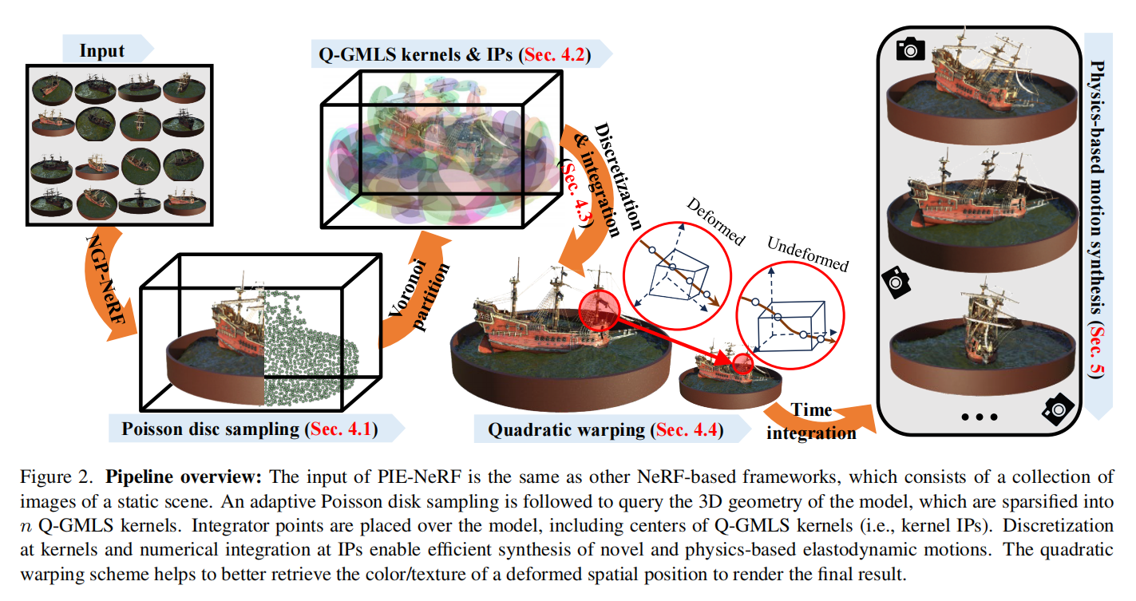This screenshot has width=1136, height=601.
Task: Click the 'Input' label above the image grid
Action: click(x=102, y=51)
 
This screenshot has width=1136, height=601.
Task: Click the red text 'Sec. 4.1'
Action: click(x=341, y=429)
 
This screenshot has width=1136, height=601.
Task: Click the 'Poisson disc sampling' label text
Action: click(x=211, y=429)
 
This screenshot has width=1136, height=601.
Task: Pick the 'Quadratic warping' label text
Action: click(x=566, y=430)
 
